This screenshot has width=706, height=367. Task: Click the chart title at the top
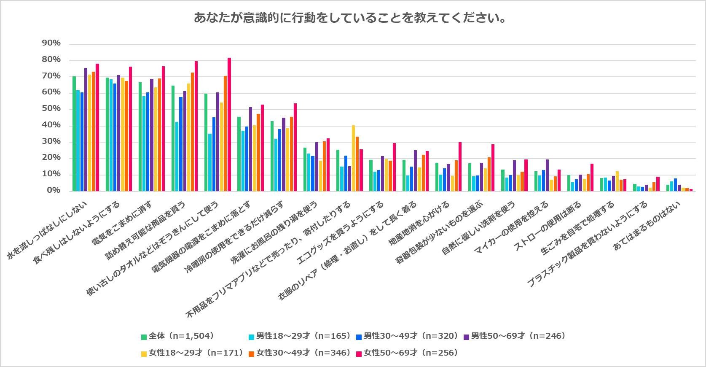[350, 18]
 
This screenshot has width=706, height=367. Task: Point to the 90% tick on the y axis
[51, 43]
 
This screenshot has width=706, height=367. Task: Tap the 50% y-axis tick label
[51, 109]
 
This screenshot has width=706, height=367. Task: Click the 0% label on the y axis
[53, 191]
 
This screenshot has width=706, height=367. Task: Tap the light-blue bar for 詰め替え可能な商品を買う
[177, 157]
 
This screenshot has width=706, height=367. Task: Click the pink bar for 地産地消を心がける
[460, 167]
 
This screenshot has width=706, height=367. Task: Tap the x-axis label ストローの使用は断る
[548, 226]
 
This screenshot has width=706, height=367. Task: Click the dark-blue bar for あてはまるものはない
[675, 185]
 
